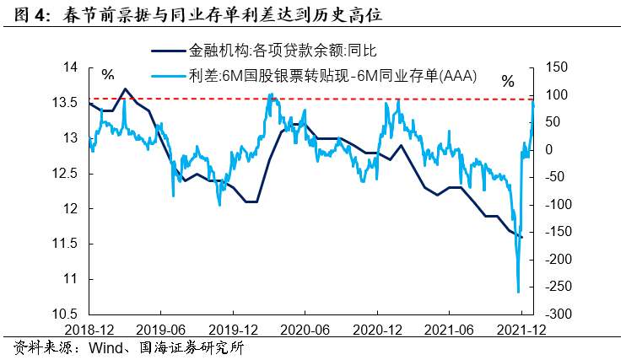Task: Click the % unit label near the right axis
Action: coord(508,82)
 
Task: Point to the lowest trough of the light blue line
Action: coord(517,292)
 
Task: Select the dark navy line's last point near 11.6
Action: coord(522,238)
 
